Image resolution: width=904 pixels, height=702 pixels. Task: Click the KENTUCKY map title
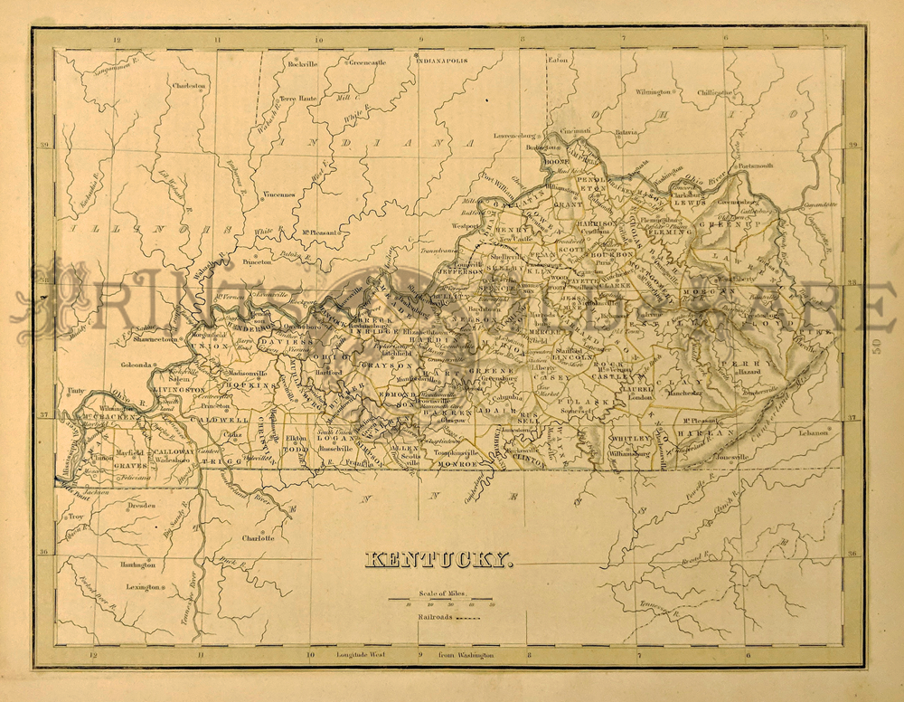pos(438,561)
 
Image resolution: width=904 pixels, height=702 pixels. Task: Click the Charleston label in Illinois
pos(189,86)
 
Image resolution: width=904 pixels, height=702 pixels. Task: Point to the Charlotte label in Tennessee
pos(258,537)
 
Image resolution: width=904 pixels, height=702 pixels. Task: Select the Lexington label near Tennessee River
pos(143,587)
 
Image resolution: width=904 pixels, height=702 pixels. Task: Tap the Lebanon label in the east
pos(814,433)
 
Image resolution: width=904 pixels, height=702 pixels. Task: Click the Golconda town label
pos(138,366)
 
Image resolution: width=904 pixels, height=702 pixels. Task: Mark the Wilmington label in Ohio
pos(653,91)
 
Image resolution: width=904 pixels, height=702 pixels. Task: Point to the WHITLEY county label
pos(630,437)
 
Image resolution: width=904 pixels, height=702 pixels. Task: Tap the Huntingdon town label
pos(137,564)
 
